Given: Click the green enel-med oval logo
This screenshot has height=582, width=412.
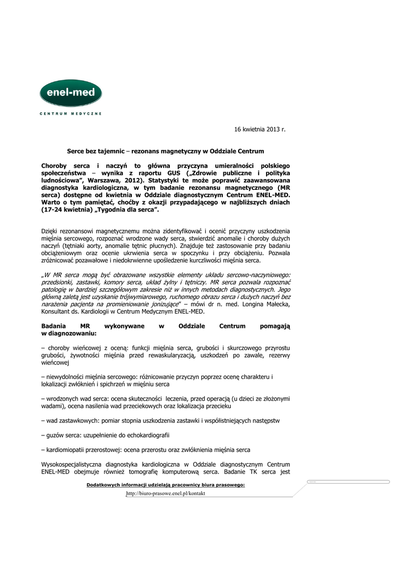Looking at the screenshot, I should [70, 94].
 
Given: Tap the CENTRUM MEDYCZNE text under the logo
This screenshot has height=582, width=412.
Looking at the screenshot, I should [70, 114].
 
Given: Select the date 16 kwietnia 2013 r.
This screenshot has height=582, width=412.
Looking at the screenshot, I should [260, 130].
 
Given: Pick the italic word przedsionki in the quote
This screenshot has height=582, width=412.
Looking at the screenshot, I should [59, 282].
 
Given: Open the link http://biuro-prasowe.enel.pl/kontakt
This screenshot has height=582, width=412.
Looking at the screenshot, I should [166, 493].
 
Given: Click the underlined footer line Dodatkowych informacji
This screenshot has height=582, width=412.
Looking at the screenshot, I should [165, 485].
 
